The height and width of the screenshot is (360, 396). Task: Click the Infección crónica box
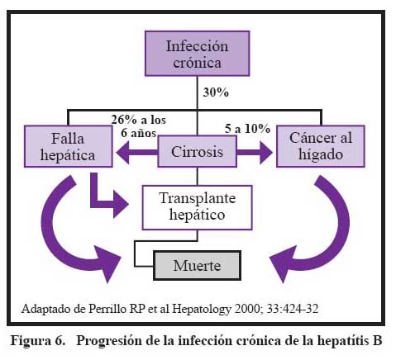[x=197, y=54]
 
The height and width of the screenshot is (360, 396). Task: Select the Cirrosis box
[x=197, y=151]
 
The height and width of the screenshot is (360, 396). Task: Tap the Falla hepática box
[x=69, y=146]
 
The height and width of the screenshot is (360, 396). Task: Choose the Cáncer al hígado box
[x=321, y=146]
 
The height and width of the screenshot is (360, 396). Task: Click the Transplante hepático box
[x=197, y=207]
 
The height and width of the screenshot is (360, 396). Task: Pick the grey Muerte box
[x=197, y=265]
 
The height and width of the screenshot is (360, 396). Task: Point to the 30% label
[x=216, y=92]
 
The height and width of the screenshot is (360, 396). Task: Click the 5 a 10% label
[x=247, y=129]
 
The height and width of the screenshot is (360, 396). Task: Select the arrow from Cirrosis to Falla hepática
[x=137, y=153]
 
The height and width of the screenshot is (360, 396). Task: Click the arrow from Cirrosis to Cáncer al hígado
[x=255, y=153]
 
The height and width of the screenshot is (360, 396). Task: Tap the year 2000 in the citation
[x=247, y=309]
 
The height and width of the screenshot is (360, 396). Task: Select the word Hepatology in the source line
[x=202, y=310]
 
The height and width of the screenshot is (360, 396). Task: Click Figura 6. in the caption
[x=38, y=341]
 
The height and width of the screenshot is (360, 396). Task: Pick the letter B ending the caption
[x=378, y=341]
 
